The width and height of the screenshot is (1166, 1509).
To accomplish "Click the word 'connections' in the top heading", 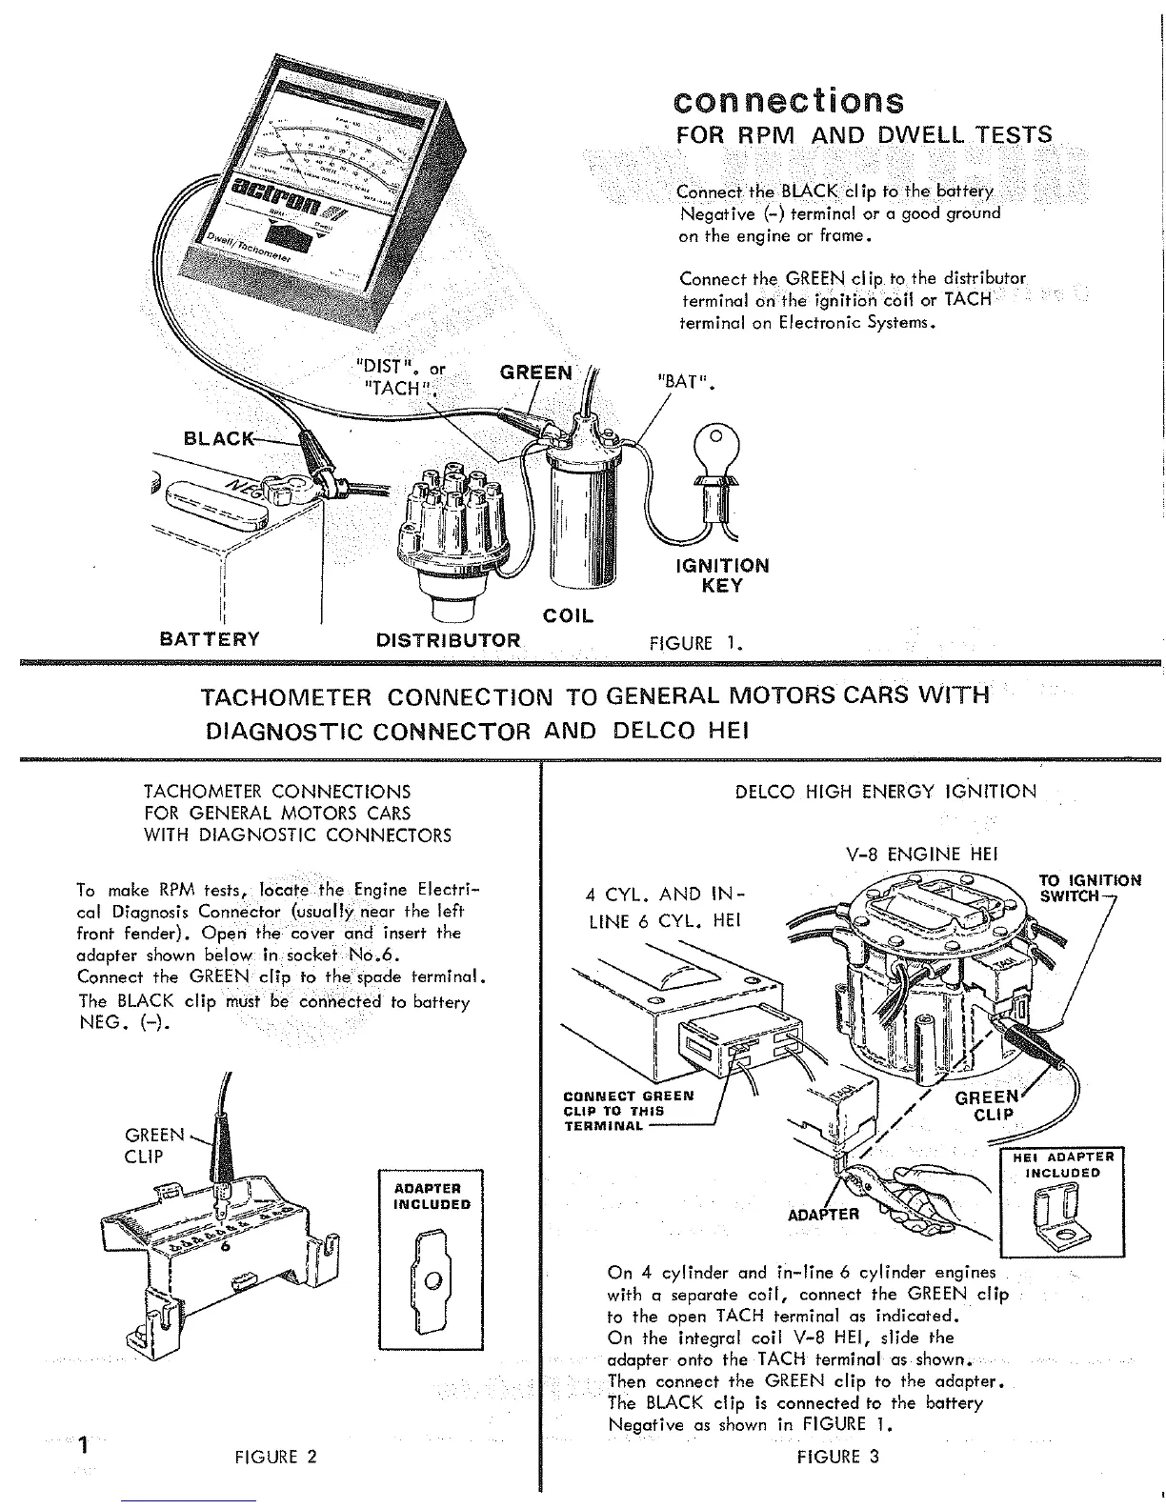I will [x=788, y=100].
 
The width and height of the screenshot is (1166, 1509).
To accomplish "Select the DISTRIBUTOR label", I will [x=449, y=640].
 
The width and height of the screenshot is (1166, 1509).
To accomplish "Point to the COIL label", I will [x=568, y=615].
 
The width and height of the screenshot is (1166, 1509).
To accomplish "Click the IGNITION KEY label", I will [x=721, y=575].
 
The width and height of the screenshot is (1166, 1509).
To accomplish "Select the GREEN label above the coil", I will [x=536, y=372].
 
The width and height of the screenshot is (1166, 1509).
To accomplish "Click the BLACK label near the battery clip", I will [x=219, y=438].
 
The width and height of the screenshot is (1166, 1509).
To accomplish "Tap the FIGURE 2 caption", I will [x=275, y=1457].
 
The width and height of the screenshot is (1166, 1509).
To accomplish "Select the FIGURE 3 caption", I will [x=839, y=1457].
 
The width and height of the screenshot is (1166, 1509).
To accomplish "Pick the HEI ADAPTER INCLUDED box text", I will [x=1062, y=1164].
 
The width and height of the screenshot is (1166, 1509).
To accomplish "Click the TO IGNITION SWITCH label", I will [x=1089, y=888].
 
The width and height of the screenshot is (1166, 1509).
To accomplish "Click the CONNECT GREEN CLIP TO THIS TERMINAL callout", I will [x=628, y=1111].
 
